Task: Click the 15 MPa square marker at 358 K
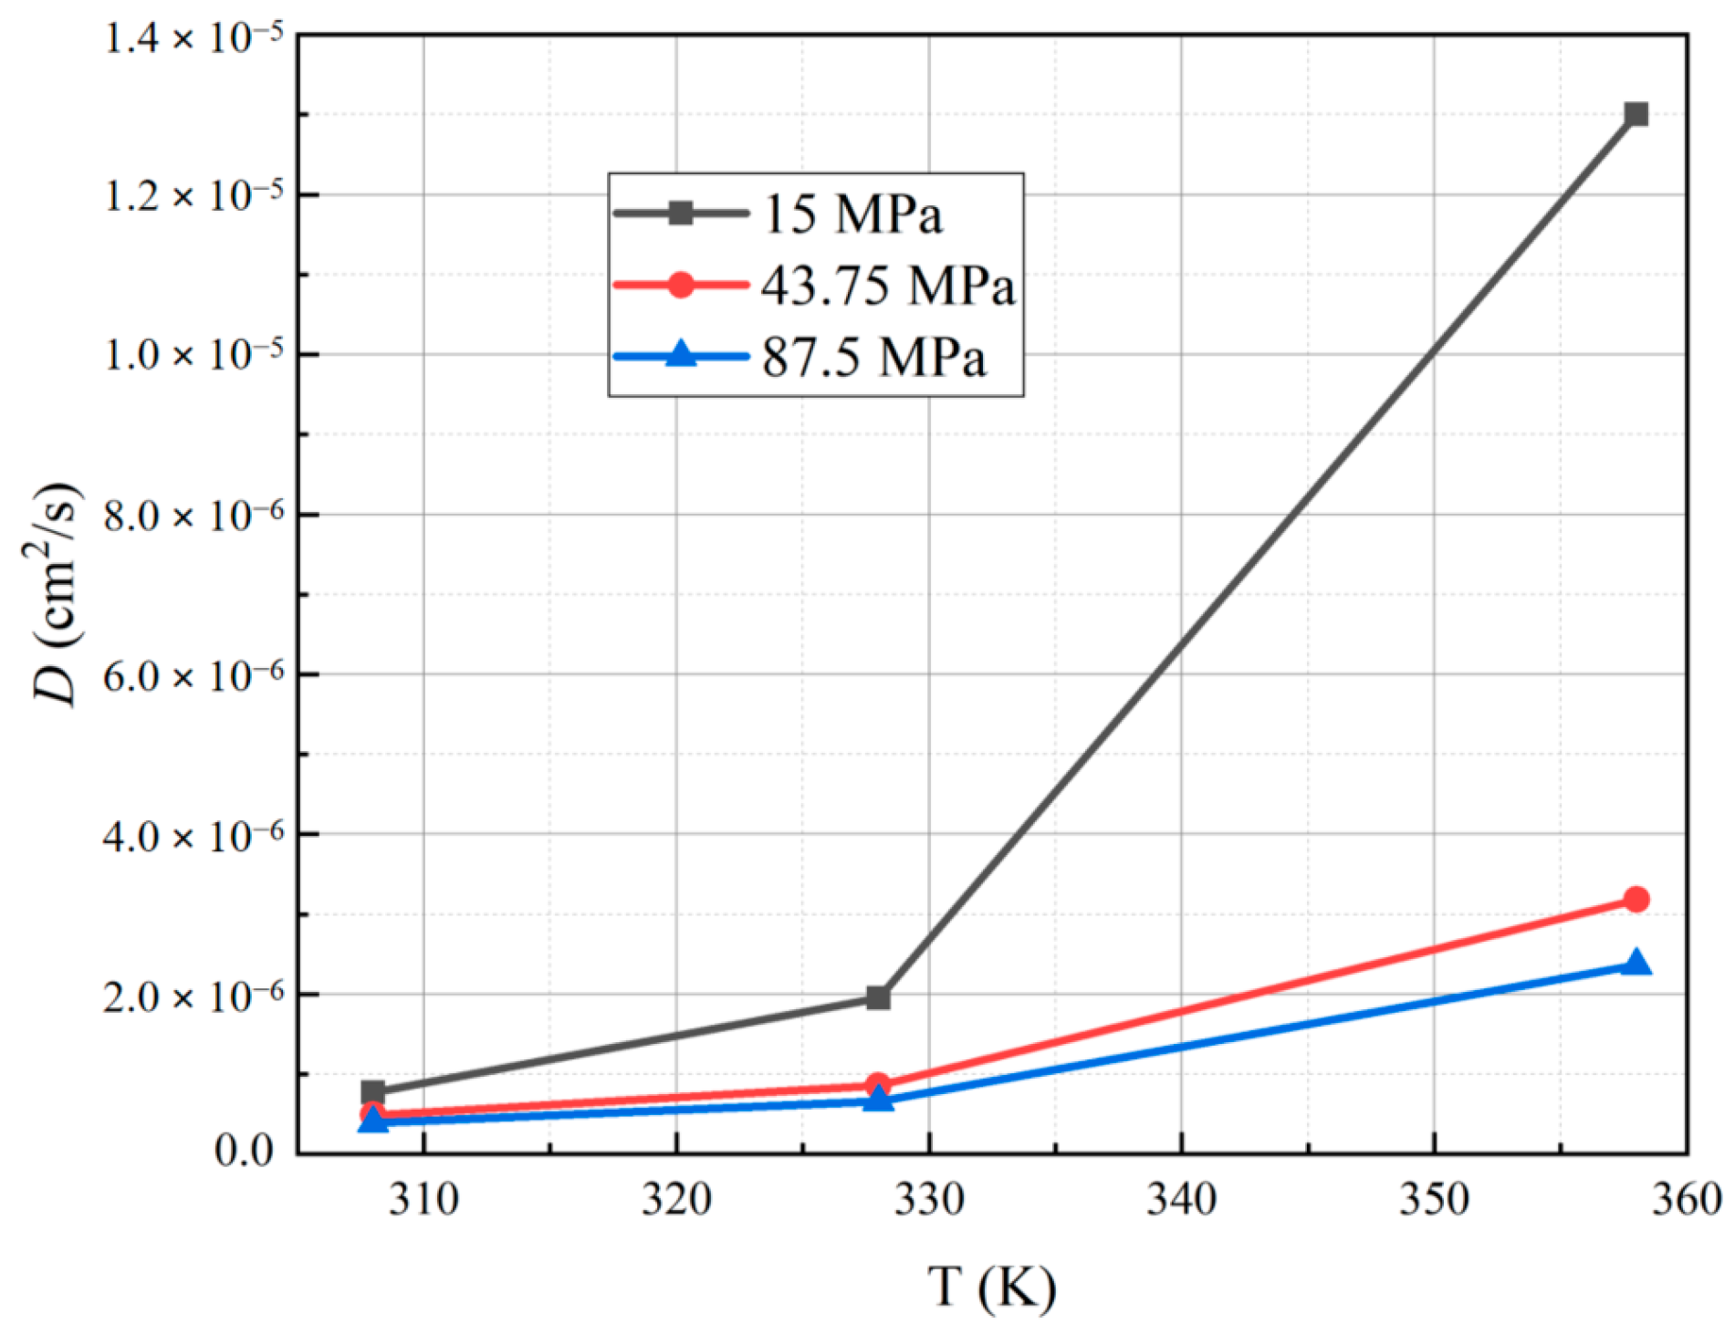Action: point(1636,115)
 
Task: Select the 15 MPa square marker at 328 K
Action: point(878,998)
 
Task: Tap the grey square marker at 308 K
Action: point(372,1092)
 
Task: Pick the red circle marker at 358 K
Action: point(1636,900)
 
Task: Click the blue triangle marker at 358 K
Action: point(1636,964)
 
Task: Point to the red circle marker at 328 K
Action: point(878,1084)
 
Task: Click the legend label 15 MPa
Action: point(852,215)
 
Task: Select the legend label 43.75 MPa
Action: point(887,286)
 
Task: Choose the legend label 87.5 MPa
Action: point(873,357)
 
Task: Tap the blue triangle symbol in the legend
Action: point(681,355)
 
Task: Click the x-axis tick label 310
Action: point(423,1199)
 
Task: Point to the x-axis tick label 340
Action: point(1181,1199)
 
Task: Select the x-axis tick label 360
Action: point(1687,1199)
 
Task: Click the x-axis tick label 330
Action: point(929,1199)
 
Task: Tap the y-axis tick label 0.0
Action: point(244,1152)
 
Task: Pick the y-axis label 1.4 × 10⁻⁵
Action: point(194,38)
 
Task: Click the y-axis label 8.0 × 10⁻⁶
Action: point(194,516)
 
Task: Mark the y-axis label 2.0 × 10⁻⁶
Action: point(194,996)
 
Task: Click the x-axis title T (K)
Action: point(992,1288)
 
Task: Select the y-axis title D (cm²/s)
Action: point(57,593)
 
